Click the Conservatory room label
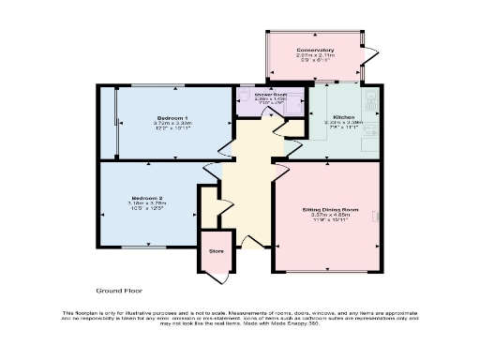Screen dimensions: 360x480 coord(315,50)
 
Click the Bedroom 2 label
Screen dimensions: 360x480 coord(147,199)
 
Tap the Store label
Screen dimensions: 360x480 coord(217,251)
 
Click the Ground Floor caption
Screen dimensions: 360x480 coord(118,292)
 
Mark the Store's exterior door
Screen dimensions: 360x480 coord(217,277)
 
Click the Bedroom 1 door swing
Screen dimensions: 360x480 coord(225,148)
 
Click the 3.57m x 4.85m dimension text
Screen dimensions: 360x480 coord(330,215)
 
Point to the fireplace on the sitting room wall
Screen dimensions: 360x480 coord(379,217)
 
